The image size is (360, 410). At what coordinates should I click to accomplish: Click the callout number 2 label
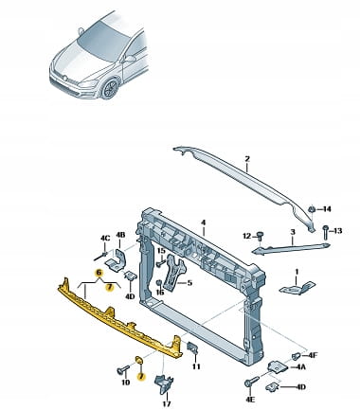247,159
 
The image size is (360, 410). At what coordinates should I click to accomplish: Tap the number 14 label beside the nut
326,209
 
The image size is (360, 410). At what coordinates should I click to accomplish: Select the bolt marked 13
325,233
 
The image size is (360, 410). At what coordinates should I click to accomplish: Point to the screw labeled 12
261,237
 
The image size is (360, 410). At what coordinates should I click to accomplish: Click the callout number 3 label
293,232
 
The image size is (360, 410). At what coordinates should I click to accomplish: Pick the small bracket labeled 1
297,288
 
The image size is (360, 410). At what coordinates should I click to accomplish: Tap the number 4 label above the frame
203,223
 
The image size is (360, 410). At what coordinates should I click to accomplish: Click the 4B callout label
120,235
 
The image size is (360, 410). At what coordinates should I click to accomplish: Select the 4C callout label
105,238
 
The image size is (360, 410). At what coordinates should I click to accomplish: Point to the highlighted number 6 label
99,273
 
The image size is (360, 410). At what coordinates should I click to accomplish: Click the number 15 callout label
161,251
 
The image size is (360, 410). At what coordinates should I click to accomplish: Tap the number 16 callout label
160,293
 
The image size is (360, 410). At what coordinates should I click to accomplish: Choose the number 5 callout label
189,283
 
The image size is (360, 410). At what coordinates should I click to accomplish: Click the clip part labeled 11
192,348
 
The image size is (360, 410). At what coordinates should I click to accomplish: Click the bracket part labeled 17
163,383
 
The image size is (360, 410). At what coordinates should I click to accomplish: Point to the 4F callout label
313,355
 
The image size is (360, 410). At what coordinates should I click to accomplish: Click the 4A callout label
300,367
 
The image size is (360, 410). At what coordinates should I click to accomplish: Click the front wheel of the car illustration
109,88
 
